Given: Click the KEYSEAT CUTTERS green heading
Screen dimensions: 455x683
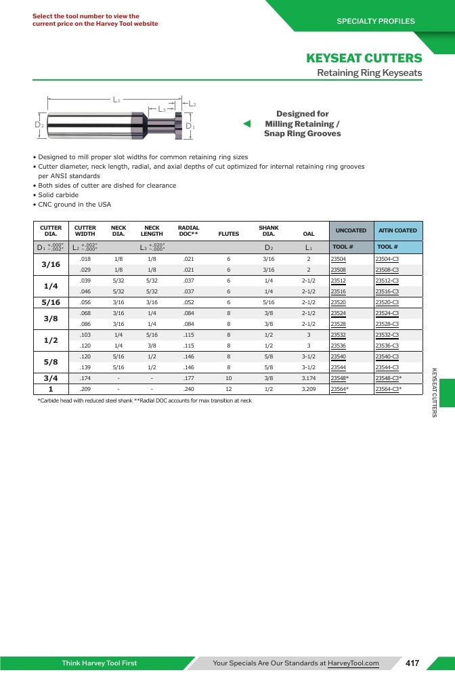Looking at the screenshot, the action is [x=364, y=58].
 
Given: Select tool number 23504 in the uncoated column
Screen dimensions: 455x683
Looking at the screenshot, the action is [x=339, y=259].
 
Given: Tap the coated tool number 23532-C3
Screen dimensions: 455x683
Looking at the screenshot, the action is [x=387, y=335].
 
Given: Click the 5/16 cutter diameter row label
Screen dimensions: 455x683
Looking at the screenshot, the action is [x=51, y=302].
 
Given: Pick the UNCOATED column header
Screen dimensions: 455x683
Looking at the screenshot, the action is [x=351, y=230].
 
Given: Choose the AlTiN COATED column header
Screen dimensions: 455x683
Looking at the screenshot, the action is [x=397, y=230].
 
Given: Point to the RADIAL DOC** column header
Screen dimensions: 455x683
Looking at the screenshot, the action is [x=188, y=230].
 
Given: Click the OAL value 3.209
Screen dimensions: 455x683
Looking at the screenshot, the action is [x=309, y=389].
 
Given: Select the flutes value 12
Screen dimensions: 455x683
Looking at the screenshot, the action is [x=229, y=389].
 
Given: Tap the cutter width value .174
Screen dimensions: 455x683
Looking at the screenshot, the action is [x=85, y=378].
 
